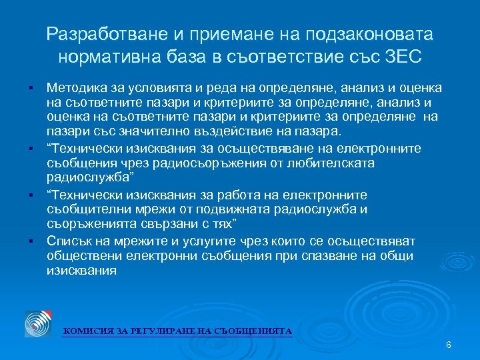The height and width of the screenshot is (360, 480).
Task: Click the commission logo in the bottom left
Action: tap(38, 323)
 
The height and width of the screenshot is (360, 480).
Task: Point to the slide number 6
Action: tap(448, 345)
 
